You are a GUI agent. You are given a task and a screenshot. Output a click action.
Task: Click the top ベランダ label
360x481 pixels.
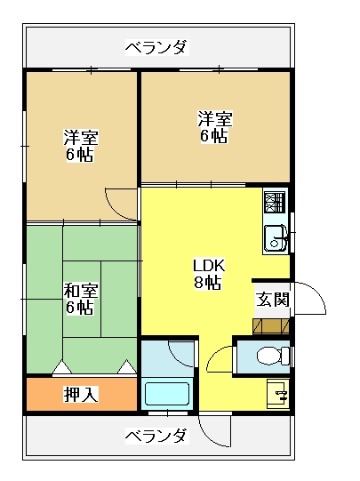(x=156, y=47)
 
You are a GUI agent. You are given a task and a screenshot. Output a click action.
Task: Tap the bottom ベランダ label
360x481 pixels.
(x=156, y=436)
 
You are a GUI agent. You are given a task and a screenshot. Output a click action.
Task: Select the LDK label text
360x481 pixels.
(x=209, y=266)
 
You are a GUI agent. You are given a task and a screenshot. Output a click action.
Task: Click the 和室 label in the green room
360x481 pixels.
(x=81, y=291)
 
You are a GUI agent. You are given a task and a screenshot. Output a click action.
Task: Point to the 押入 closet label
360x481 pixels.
(x=81, y=394)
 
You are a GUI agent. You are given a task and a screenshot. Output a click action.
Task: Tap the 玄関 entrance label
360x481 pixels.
(x=273, y=300)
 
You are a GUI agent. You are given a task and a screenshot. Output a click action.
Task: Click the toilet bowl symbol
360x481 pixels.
(x=273, y=356)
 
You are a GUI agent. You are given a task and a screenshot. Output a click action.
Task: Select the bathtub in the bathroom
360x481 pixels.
(x=167, y=394)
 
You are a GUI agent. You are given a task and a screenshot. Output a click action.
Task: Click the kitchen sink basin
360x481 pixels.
(x=275, y=238)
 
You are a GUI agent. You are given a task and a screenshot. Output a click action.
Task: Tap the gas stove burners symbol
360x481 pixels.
(x=275, y=202)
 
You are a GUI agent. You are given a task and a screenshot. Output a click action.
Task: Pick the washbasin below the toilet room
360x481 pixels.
(x=278, y=394)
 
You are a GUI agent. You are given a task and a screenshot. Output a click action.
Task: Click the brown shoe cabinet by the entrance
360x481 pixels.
(x=271, y=326)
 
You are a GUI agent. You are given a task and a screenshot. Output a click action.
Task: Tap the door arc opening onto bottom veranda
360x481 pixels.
(x=207, y=437)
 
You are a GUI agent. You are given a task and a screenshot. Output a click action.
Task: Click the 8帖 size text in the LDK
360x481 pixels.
(x=208, y=282)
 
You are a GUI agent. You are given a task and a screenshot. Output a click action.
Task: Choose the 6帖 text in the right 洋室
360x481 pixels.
(x=213, y=135)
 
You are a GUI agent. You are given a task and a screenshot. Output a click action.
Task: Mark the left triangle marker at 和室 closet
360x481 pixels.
(x=62, y=367)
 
